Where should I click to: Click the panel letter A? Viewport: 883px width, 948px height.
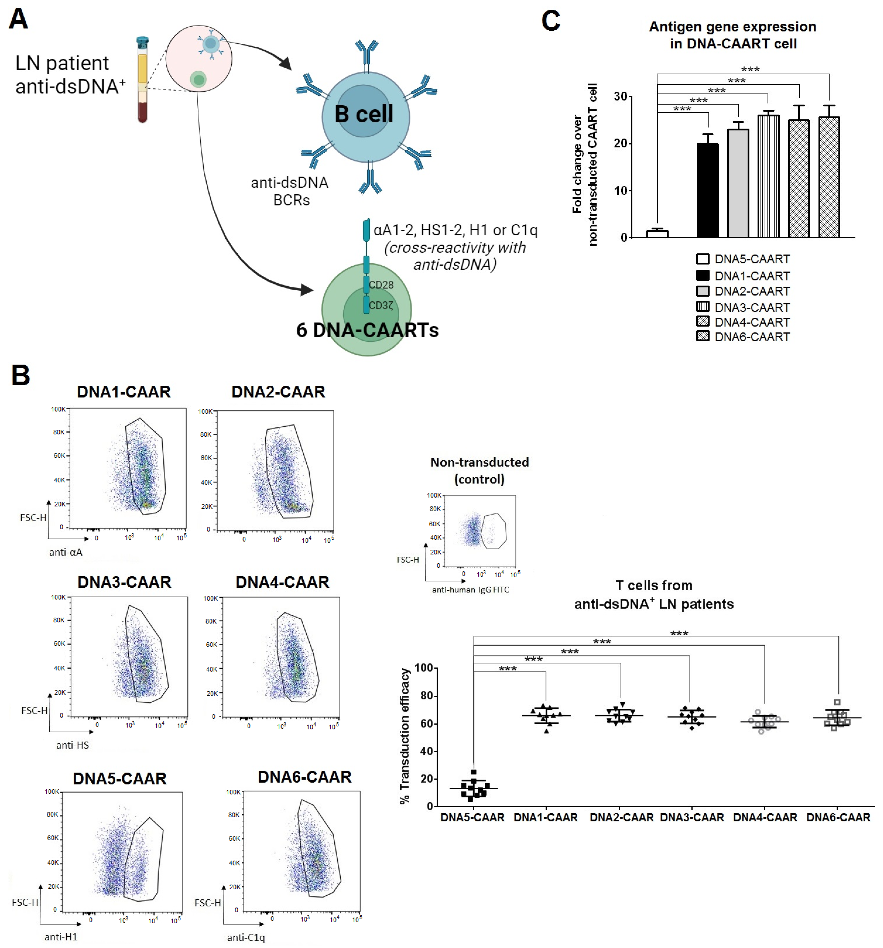click(18, 19)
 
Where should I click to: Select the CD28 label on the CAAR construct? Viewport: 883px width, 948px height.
click(381, 285)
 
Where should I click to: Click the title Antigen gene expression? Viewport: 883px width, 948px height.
click(732, 27)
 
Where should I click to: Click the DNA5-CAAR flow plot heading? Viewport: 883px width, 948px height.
click(120, 779)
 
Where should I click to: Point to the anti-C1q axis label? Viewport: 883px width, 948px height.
click(246, 937)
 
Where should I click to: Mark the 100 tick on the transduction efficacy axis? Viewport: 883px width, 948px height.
click(423, 668)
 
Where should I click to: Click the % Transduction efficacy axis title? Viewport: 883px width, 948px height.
click(405, 736)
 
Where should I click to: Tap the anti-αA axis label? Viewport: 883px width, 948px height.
click(66, 552)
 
